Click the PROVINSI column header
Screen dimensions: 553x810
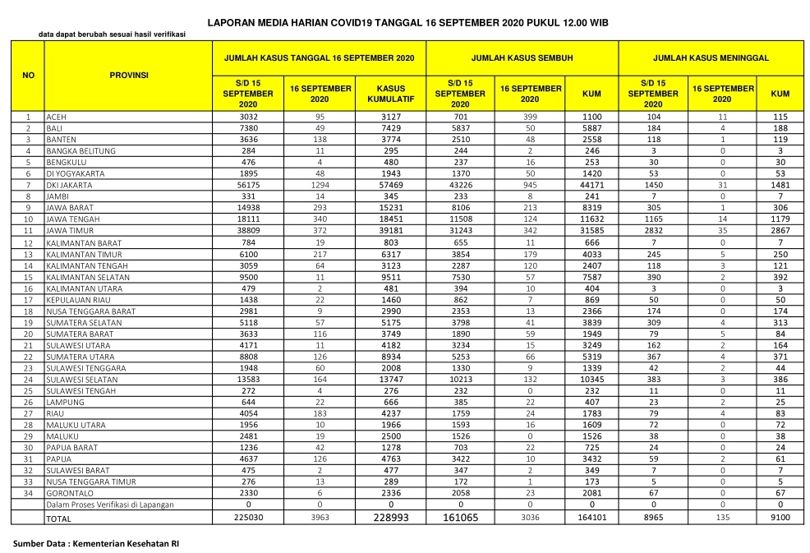pos(128,75)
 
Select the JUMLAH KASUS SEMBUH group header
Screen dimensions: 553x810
pos(522,59)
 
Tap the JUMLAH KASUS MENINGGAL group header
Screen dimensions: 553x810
pos(711,59)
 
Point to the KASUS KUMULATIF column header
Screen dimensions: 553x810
pos(390,94)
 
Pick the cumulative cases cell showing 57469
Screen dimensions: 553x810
pos(390,186)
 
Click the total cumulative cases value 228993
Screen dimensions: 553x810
pos(390,518)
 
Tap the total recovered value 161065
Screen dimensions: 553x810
pos(460,518)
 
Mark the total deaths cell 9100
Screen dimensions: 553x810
pos(780,518)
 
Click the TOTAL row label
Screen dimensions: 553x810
pos(59,518)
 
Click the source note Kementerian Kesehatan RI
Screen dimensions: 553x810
pos(97,544)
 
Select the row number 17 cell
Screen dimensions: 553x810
pos(28,300)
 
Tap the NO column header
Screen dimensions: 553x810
pos(28,75)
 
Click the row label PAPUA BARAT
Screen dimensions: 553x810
pos(70,447)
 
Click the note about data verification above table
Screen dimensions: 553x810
pos(112,35)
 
